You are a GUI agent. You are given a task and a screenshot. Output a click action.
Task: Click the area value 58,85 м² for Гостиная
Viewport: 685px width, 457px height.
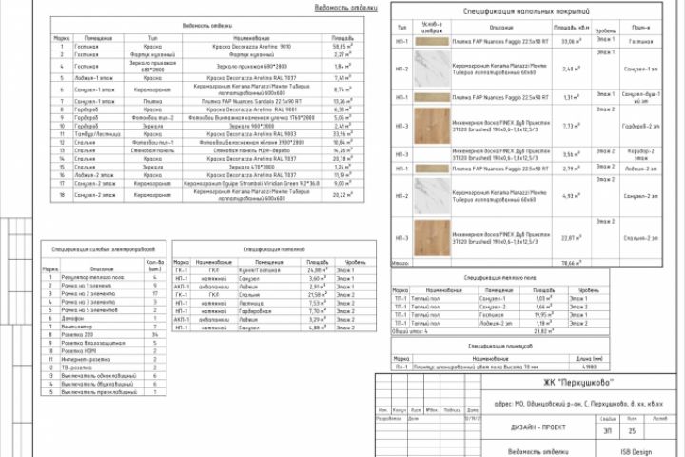coord(342,45)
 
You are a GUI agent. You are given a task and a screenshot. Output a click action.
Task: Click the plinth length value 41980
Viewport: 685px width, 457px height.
coord(589,367)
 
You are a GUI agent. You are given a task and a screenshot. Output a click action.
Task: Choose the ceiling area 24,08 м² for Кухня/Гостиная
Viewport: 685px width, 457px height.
coord(318,270)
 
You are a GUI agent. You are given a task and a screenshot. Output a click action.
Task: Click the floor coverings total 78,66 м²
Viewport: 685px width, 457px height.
coord(570,262)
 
